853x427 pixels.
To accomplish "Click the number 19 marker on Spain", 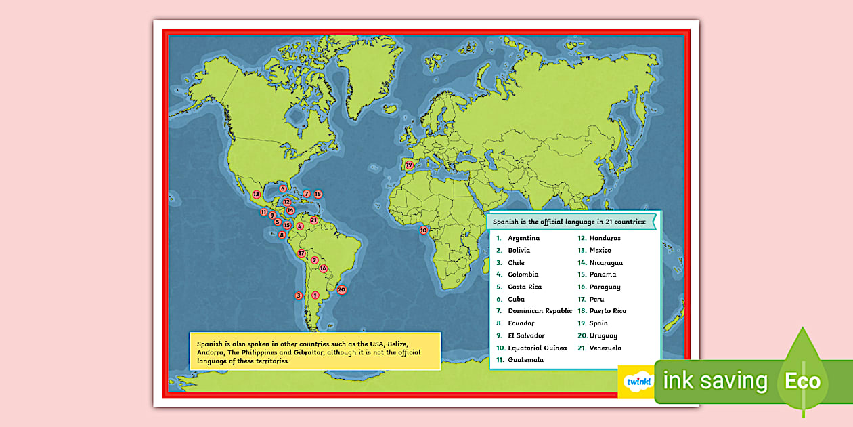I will coord(409,165).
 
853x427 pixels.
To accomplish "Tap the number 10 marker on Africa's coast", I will coord(424,230).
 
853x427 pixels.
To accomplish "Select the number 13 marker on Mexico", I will coord(256,195).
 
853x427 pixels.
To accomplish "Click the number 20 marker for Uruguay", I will coord(342,290).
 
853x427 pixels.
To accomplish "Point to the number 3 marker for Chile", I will coord(299,296).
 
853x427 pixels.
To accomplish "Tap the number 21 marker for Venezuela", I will coord(314,220).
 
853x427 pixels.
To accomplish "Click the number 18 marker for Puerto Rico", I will coord(318,194).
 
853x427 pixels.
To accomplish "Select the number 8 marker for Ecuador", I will coord(282,235).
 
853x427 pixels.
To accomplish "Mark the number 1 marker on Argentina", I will coord(315,295).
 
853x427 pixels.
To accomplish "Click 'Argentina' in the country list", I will coord(523,238).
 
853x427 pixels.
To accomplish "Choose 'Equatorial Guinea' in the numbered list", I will coord(537,348).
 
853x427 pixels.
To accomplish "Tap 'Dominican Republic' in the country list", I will coord(540,311).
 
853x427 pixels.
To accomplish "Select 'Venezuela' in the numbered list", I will coord(605,348).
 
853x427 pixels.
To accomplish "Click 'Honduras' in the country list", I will coord(605,238).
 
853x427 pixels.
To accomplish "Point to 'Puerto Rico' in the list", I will coord(607,311).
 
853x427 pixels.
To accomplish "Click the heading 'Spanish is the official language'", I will coord(569,222).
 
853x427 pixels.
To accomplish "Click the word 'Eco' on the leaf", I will coord(802,381).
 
